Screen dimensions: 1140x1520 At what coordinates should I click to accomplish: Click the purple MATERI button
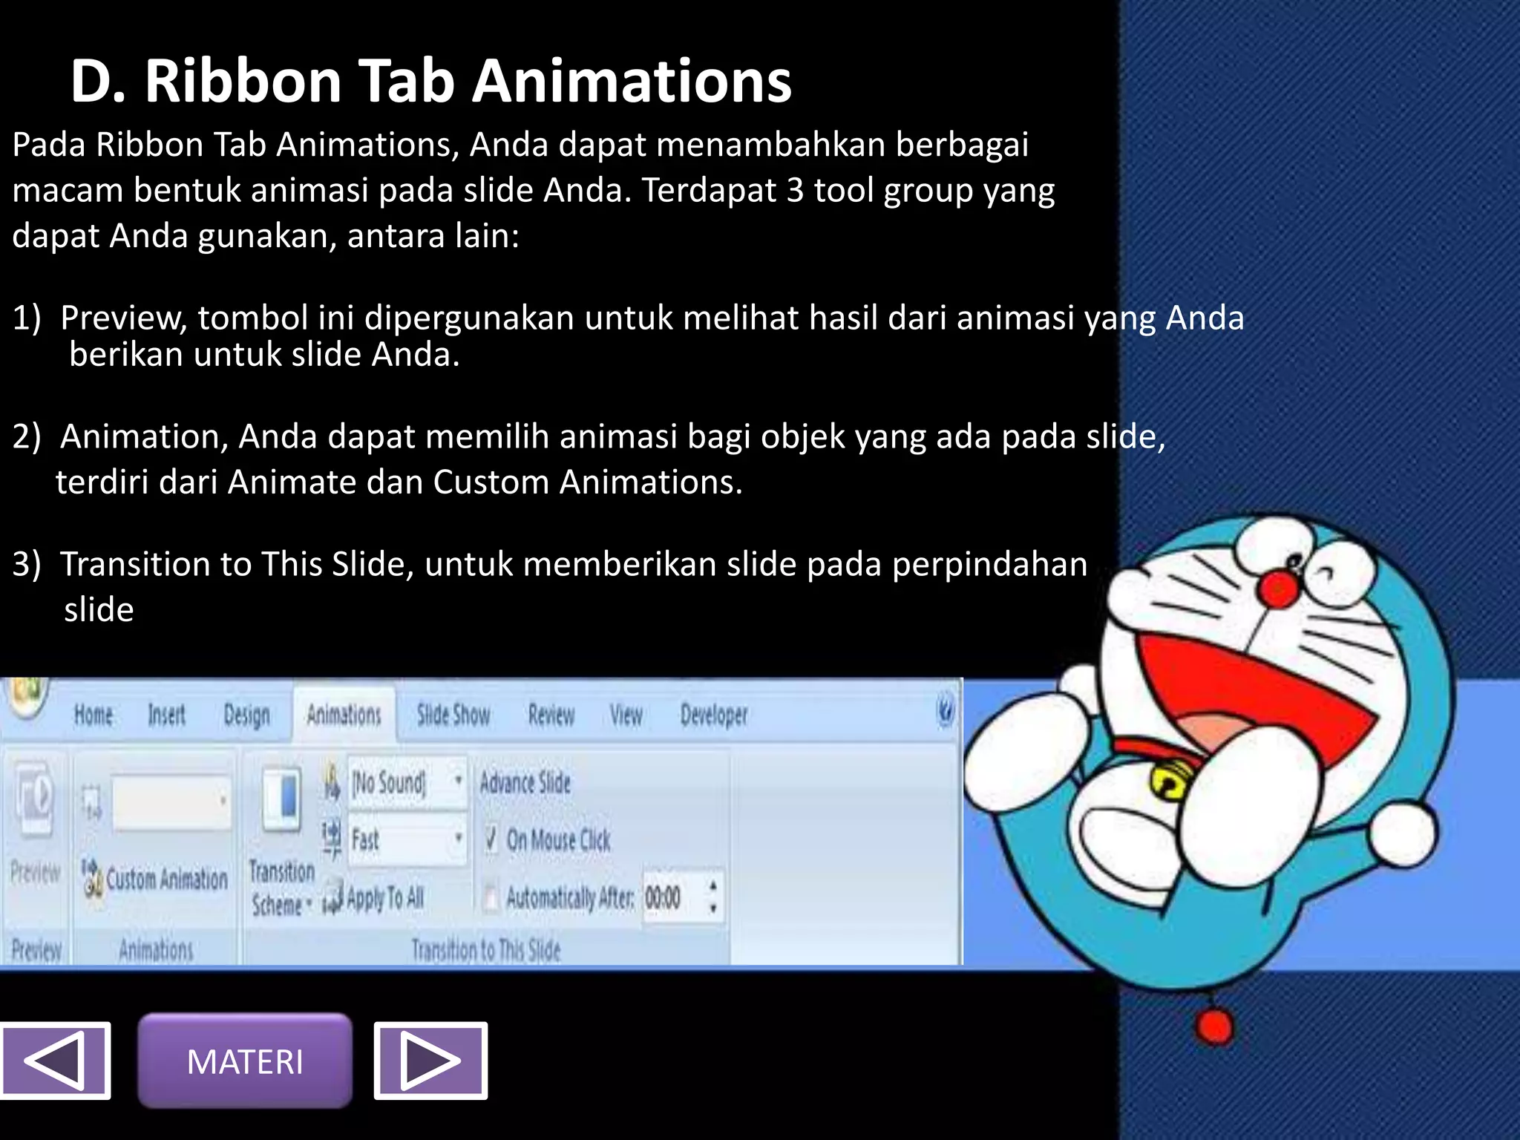coord(245,1061)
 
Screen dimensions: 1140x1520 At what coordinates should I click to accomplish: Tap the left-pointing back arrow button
coord(55,1061)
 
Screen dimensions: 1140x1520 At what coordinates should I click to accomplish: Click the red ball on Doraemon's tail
coord(1214,1028)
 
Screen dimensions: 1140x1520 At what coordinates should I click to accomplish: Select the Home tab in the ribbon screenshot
coord(94,715)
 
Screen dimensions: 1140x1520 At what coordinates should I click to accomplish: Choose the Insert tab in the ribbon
coord(166,715)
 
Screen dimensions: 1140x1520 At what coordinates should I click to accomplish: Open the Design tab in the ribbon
coord(246,715)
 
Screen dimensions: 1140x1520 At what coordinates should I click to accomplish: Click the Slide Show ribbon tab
coord(453,715)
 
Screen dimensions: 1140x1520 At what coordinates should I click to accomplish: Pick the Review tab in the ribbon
coord(551,715)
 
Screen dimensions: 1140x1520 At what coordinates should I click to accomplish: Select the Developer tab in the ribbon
coord(714,715)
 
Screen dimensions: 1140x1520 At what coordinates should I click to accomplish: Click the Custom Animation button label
coord(166,879)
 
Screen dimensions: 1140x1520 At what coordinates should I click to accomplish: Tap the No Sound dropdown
coord(407,782)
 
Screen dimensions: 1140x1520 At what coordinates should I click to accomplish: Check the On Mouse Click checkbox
coord(491,839)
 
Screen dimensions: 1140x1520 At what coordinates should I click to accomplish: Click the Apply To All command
coord(384,898)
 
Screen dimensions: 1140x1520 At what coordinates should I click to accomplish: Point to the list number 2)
coord(27,436)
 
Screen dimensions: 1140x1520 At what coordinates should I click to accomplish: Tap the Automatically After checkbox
coord(491,897)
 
